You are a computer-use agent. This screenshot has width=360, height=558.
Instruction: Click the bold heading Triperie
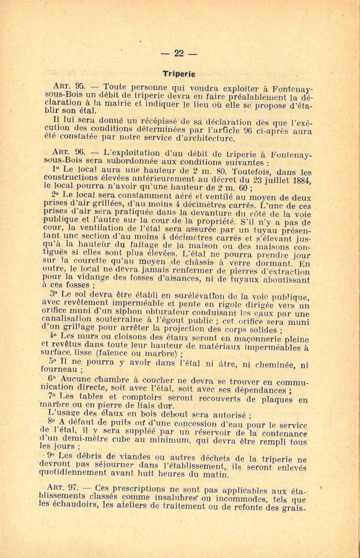[x=179, y=73]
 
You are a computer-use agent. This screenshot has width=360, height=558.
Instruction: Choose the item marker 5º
[x=53, y=360]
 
